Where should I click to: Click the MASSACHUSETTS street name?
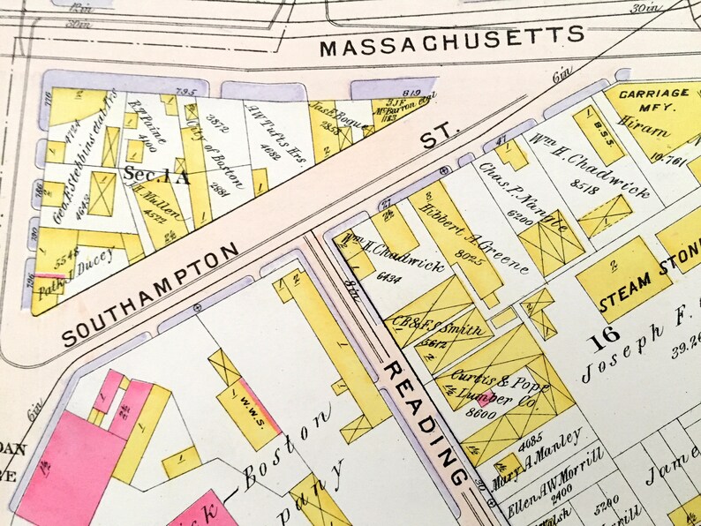pyautogui.click(x=451, y=41)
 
